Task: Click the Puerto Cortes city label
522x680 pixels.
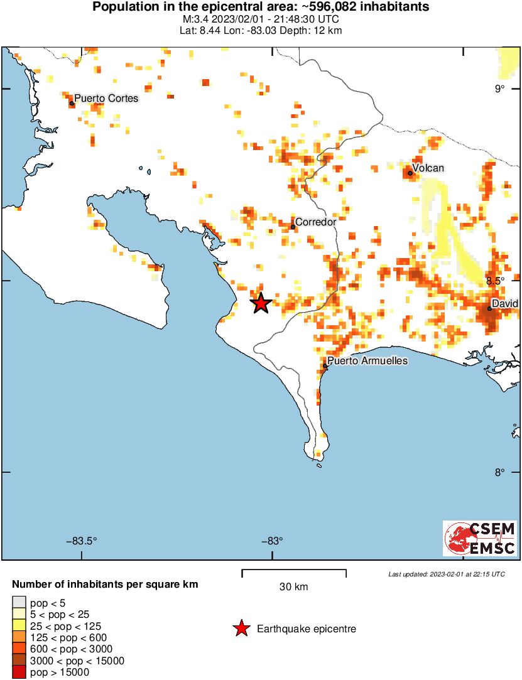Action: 106,99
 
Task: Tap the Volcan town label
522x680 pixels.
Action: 428,168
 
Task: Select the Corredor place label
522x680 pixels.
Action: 315,222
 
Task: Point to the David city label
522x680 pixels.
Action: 505,303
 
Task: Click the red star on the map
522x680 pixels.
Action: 261,303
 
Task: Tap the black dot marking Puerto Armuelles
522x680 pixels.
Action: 325,365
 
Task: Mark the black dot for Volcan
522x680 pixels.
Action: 410,173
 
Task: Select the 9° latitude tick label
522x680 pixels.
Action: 499,89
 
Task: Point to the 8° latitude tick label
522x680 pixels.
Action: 499,472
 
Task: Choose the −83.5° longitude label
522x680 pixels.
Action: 82,541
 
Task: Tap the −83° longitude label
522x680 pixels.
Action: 271,541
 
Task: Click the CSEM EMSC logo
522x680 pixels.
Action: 480,538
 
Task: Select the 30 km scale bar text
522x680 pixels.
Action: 293,587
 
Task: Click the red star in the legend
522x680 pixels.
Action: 241,629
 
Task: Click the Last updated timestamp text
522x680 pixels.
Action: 446,574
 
